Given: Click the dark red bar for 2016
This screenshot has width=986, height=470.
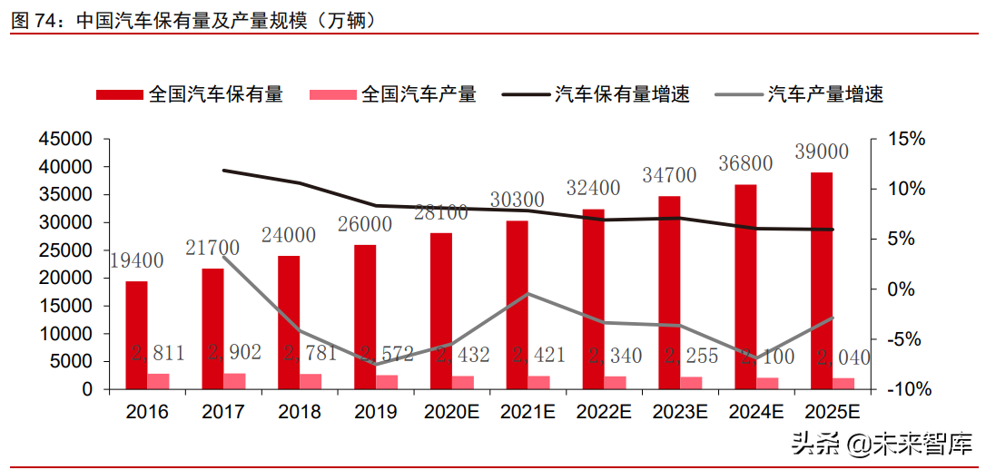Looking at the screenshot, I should (136, 335).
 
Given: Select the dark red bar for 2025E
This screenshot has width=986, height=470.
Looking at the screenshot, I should (821, 280).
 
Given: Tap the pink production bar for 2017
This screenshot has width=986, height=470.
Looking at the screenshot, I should (234, 381).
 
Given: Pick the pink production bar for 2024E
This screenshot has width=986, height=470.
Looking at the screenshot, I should (767, 383).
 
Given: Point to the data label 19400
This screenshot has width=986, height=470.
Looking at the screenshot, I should (136, 261).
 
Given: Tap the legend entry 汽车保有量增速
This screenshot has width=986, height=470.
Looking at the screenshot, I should (622, 93).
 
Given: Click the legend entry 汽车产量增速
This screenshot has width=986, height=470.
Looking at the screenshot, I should (825, 93).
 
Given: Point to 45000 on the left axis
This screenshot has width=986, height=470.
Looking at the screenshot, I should (65, 139).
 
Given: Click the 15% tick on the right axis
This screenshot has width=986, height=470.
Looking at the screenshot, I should (906, 139).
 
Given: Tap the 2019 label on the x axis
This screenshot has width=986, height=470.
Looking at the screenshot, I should (376, 412).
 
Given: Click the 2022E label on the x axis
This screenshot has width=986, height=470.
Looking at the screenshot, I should (604, 412).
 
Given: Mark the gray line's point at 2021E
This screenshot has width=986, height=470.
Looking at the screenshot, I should (528, 293).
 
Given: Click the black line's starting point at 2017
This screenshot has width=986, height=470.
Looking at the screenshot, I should (223, 170).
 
